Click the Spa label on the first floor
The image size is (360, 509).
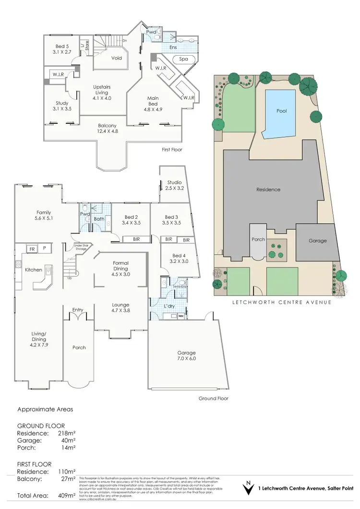point(183,59)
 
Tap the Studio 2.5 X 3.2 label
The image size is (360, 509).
point(174,186)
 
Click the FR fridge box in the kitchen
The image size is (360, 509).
point(33,249)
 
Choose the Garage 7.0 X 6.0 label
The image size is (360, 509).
point(186,355)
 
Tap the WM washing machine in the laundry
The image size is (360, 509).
point(180,316)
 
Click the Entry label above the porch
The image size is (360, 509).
point(78,309)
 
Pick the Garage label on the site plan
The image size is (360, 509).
point(317,240)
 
